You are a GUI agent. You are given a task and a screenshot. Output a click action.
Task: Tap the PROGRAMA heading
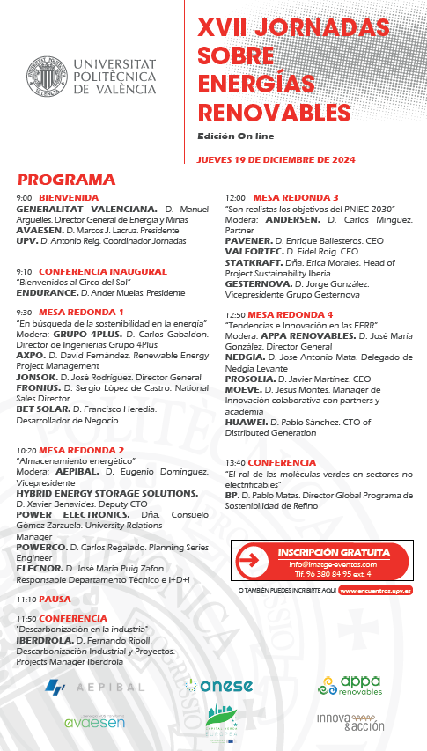66,179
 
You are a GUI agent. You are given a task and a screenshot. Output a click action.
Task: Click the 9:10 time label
24,271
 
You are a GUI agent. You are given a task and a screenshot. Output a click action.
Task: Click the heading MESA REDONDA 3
296,197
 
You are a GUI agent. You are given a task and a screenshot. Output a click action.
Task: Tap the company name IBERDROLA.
45,640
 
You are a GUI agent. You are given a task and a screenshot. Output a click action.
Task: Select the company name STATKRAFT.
253,262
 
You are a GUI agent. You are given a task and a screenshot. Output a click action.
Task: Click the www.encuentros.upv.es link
376,591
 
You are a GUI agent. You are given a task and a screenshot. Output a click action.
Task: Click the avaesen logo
94,722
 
